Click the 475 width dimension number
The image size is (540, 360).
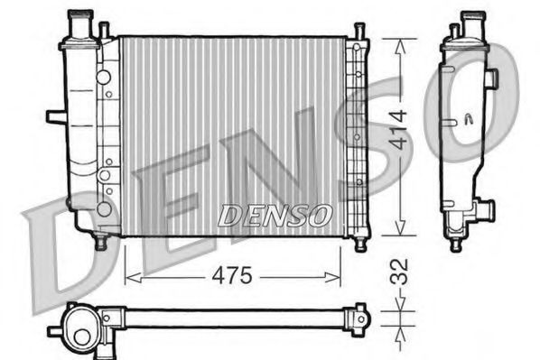coord(233,275)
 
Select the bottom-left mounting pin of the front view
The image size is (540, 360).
coord(101,241)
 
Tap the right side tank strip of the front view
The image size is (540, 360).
coord(356,135)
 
